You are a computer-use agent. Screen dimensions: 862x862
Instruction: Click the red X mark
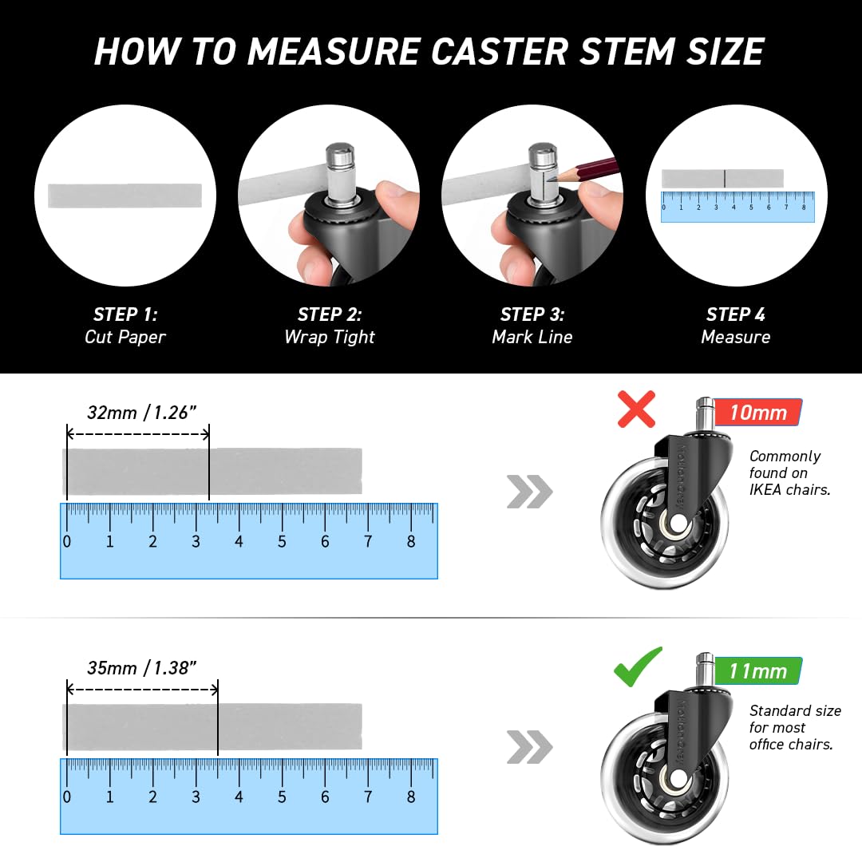click(636, 409)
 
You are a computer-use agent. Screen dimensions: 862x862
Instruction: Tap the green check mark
click(638, 666)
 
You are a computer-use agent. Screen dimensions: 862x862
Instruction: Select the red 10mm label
click(758, 413)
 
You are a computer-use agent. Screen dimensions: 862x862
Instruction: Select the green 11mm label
click(758, 670)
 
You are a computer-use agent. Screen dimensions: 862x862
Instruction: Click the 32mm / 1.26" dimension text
click(142, 413)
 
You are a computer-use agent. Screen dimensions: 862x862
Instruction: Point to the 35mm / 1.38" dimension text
click(142, 668)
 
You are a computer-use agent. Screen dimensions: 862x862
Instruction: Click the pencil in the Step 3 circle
click(586, 169)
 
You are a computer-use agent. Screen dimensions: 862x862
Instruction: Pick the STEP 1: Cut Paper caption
click(125, 326)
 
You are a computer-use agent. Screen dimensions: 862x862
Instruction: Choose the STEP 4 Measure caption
click(736, 326)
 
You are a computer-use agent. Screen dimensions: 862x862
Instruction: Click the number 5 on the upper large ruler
click(282, 541)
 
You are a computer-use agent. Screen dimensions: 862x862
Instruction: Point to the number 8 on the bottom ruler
click(411, 797)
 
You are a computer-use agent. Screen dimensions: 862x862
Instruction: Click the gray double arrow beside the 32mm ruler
click(529, 492)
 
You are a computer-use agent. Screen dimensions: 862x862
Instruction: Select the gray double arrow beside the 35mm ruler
click(529, 747)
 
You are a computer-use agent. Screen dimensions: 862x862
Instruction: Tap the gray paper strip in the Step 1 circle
click(125, 196)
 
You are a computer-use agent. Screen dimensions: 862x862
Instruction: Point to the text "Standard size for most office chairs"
click(795, 727)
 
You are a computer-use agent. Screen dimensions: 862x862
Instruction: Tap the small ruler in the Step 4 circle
click(737, 207)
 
